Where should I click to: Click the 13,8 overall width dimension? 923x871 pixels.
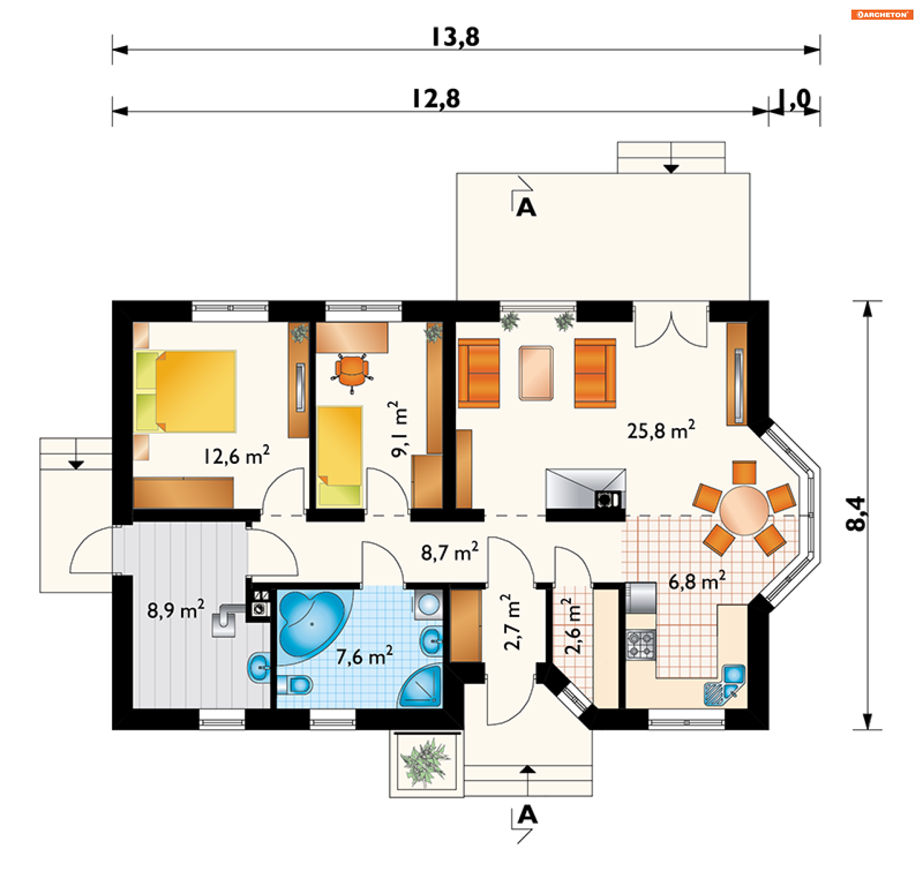tap(456, 37)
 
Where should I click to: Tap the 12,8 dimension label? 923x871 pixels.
tap(437, 99)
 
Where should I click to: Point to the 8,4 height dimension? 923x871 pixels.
tap(856, 514)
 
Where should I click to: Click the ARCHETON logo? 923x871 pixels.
tap(882, 14)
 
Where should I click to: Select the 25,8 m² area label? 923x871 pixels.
tap(661, 430)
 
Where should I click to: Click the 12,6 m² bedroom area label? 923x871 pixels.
tap(237, 455)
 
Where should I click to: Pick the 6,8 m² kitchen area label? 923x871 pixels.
tap(697, 581)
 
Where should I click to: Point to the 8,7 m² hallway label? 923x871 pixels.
tap(450, 552)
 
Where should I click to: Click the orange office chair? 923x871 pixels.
tap(352, 372)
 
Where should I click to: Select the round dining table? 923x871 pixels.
tap(744, 510)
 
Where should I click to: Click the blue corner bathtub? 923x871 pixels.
tap(312, 623)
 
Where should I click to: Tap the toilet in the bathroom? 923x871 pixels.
tap(295, 684)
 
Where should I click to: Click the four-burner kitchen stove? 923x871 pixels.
tap(641, 645)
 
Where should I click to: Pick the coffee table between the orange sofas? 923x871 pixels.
tap(536, 373)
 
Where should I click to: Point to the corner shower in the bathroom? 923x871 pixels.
tap(422, 686)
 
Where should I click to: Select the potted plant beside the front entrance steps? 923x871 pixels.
tap(425, 763)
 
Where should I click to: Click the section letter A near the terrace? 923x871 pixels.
tap(526, 208)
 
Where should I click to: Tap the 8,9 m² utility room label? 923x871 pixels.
tap(176, 610)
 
